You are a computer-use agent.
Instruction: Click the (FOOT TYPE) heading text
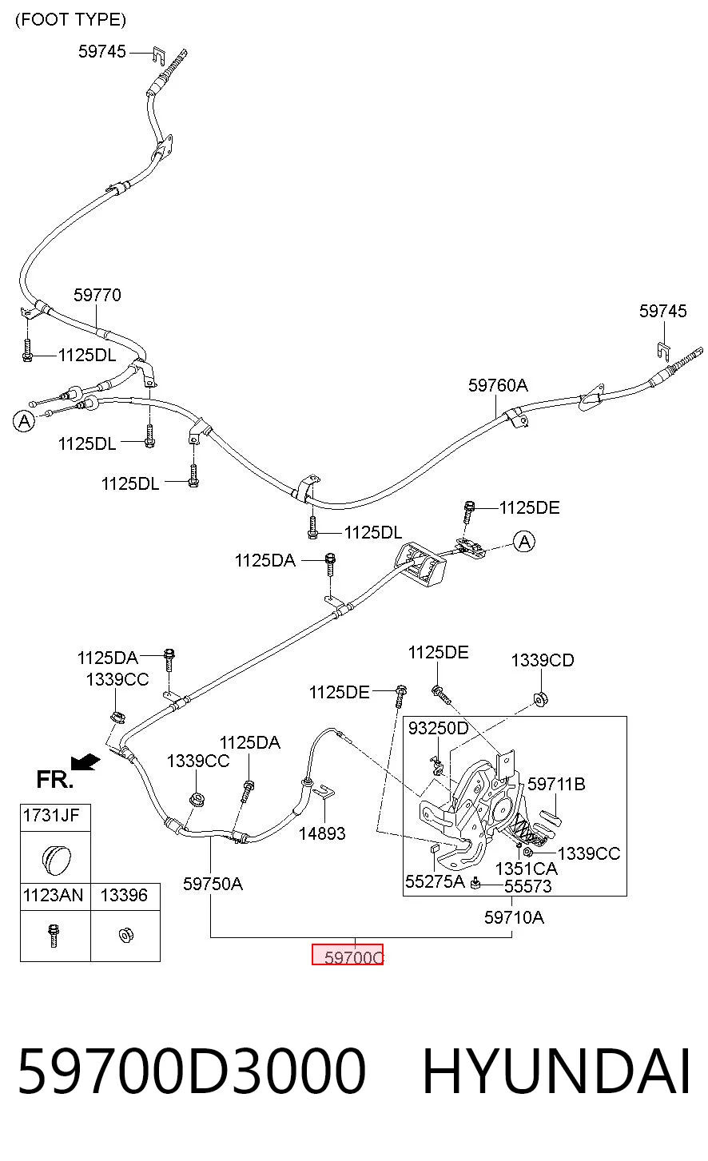(x=70, y=20)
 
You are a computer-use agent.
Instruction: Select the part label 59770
(x=97, y=295)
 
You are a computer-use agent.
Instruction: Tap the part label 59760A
(x=498, y=385)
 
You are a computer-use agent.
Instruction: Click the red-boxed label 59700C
(x=348, y=954)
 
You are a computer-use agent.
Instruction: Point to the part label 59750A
(x=213, y=884)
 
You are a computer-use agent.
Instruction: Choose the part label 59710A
(x=514, y=917)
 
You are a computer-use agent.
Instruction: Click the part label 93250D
(x=438, y=728)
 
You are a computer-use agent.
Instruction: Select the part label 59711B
(x=557, y=784)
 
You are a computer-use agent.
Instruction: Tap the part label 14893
(x=322, y=833)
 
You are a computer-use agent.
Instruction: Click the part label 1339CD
(x=543, y=660)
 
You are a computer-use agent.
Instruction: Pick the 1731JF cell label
(x=51, y=815)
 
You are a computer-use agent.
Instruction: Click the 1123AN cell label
(x=53, y=895)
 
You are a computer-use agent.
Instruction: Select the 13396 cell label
(x=124, y=895)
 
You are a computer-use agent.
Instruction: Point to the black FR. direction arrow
(x=86, y=761)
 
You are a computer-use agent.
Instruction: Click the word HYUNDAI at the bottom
(x=557, y=1072)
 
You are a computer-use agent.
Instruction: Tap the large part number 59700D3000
(x=193, y=1072)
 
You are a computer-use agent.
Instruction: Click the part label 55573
(x=528, y=886)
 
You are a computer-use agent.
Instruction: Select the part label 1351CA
(x=526, y=869)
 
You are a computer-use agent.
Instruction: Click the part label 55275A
(x=435, y=881)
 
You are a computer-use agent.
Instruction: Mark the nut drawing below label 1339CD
(x=540, y=700)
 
